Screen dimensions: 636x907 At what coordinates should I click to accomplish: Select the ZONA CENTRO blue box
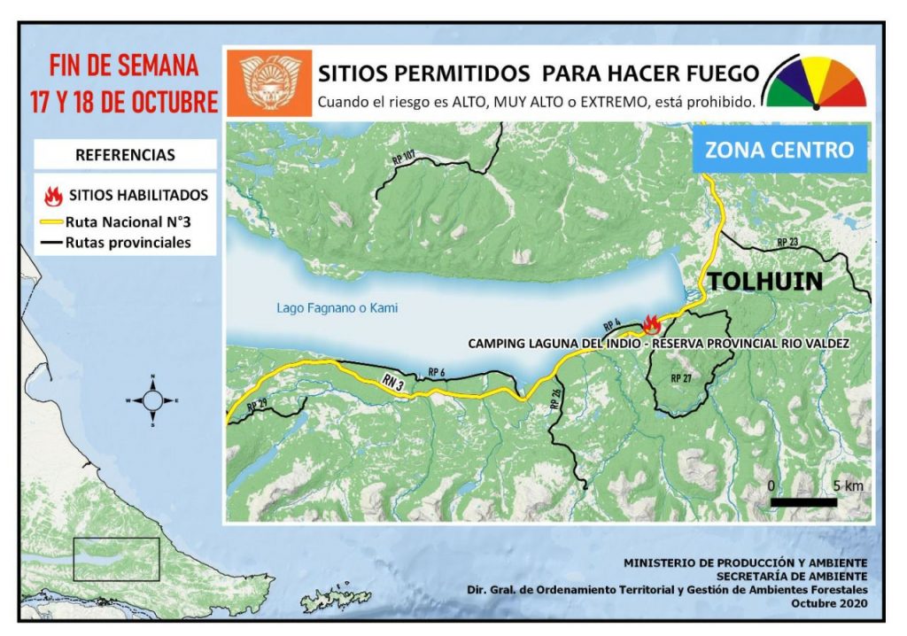(x=779, y=149)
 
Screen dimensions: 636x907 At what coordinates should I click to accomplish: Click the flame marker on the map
(x=651, y=323)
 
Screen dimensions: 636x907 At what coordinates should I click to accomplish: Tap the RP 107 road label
(x=403, y=158)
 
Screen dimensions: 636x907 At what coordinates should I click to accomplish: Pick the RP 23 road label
(x=787, y=242)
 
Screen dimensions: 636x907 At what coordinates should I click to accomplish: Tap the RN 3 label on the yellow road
(x=395, y=382)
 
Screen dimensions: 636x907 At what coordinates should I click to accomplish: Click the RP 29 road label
(x=257, y=405)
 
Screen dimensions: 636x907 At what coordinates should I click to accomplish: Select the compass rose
(x=152, y=400)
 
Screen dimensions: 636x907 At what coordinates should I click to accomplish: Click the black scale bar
(x=803, y=502)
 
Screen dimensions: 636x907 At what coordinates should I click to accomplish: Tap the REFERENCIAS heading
(x=125, y=155)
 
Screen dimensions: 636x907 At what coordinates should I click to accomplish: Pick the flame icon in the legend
(x=52, y=195)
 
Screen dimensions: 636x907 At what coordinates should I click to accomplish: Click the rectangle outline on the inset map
(x=116, y=559)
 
